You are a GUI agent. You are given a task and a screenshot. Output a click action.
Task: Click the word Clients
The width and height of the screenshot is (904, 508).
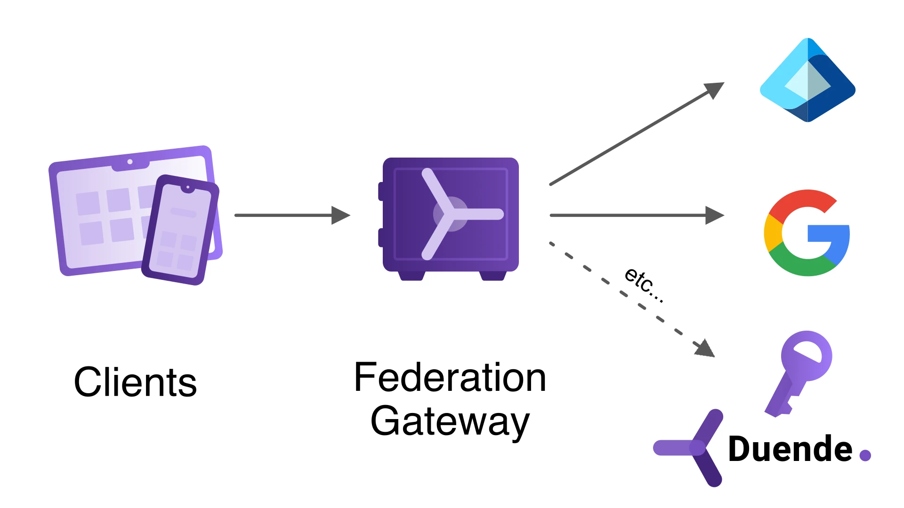pyautogui.click(x=135, y=382)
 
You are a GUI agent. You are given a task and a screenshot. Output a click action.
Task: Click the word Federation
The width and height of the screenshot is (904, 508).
pyautogui.click(x=450, y=377)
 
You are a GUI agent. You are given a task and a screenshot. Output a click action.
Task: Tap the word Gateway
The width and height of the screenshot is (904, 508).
pyautogui.click(x=450, y=421)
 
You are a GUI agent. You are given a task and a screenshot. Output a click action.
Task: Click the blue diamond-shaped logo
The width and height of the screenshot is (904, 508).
pyautogui.click(x=807, y=80)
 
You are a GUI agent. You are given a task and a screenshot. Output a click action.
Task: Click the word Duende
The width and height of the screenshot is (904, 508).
pyautogui.click(x=790, y=449)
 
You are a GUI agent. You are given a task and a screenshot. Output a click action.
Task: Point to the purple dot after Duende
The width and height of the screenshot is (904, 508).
pyautogui.click(x=865, y=455)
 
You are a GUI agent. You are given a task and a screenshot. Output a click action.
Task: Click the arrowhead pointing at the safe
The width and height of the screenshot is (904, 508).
pyautogui.click(x=340, y=215)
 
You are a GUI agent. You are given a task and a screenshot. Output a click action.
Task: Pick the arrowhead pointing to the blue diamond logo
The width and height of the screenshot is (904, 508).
pyautogui.click(x=713, y=90)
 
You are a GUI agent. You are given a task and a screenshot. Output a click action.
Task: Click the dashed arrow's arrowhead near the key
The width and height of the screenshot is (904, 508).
pyautogui.click(x=705, y=349)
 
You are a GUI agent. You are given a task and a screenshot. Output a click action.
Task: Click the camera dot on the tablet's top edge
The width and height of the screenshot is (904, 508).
pyautogui.click(x=130, y=162)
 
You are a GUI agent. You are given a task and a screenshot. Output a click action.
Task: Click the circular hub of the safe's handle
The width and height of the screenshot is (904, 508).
pyautogui.click(x=451, y=214)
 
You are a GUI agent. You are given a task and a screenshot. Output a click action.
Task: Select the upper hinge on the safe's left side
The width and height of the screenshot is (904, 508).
pyautogui.click(x=381, y=191)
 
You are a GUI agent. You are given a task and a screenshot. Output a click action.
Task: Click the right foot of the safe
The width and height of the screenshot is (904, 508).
pyautogui.click(x=492, y=275)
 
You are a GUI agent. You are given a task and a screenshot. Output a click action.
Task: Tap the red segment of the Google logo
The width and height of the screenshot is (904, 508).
pyautogui.click(x=800, y=200)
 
